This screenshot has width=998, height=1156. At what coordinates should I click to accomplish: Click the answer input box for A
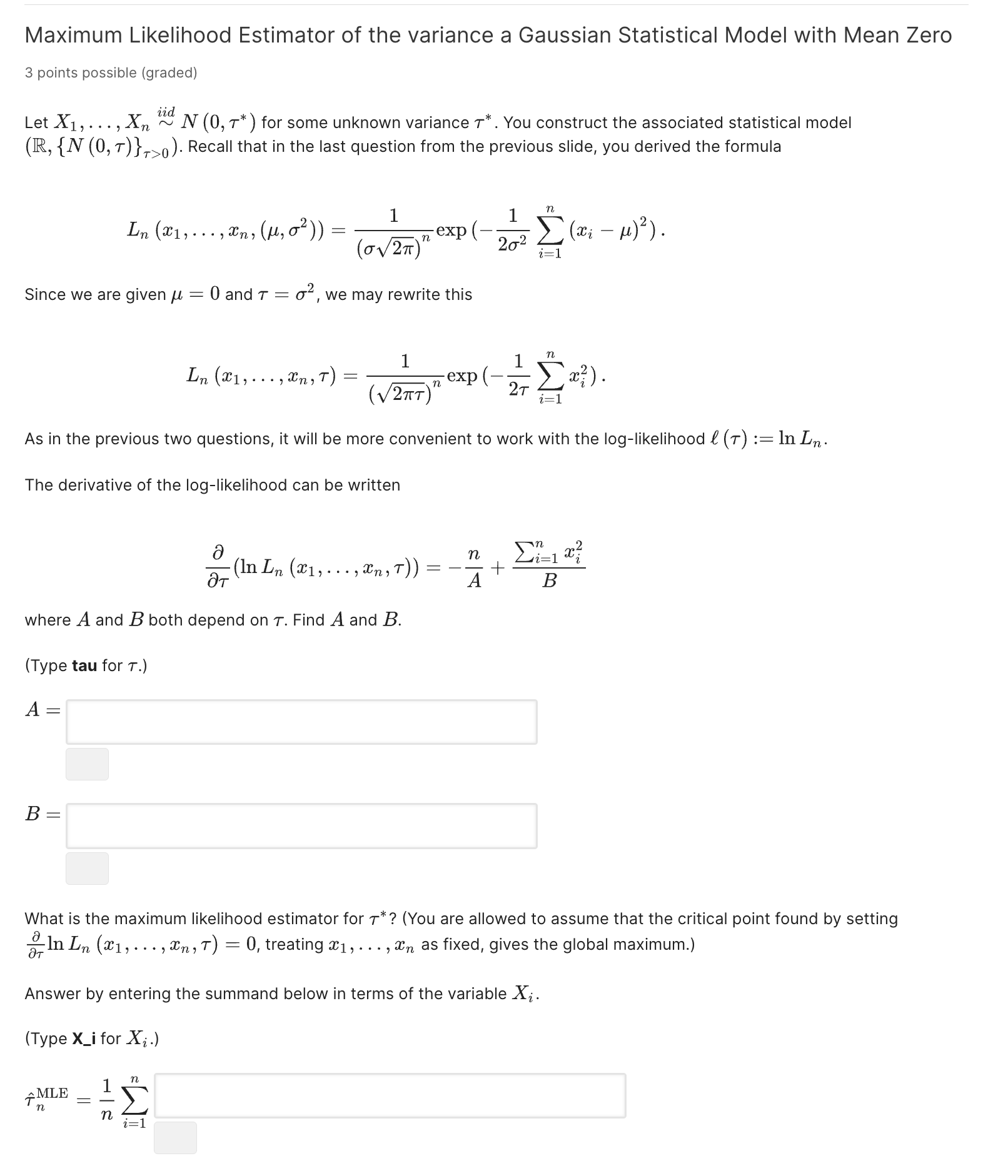click(x=301, y=722)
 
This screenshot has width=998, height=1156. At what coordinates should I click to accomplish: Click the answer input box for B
click(x=301, y=825)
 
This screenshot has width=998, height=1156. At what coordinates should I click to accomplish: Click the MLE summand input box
click(x=390, y=1095)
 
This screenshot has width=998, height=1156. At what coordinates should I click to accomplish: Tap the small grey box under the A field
click(x=87, y=764)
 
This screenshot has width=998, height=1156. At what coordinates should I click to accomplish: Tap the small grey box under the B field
click(x=87, y=868)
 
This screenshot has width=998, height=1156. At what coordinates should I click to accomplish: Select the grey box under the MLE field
click(x=175, y=1137)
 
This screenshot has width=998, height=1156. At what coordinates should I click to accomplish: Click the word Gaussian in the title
click(x=564, y=36)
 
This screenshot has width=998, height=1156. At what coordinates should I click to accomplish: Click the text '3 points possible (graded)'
click(x=111, y=73)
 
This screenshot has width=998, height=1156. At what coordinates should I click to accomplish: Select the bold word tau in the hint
click(x=84, y=665)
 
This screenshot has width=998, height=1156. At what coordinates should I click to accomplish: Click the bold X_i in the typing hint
click(x=84, y=1039)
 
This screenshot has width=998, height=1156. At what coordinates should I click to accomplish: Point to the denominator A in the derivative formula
click(x=475, y=581)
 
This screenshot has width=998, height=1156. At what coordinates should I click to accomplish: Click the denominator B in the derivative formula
click(x=549, y=581)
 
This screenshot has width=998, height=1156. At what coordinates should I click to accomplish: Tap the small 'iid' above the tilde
click(x=166, y=111)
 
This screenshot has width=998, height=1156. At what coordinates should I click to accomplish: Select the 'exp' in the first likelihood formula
click(x=451, y=230)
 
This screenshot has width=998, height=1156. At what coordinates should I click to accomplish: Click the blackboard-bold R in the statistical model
click(x=37, y=147)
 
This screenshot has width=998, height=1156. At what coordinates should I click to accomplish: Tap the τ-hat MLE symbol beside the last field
click(x=46, y=1098)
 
